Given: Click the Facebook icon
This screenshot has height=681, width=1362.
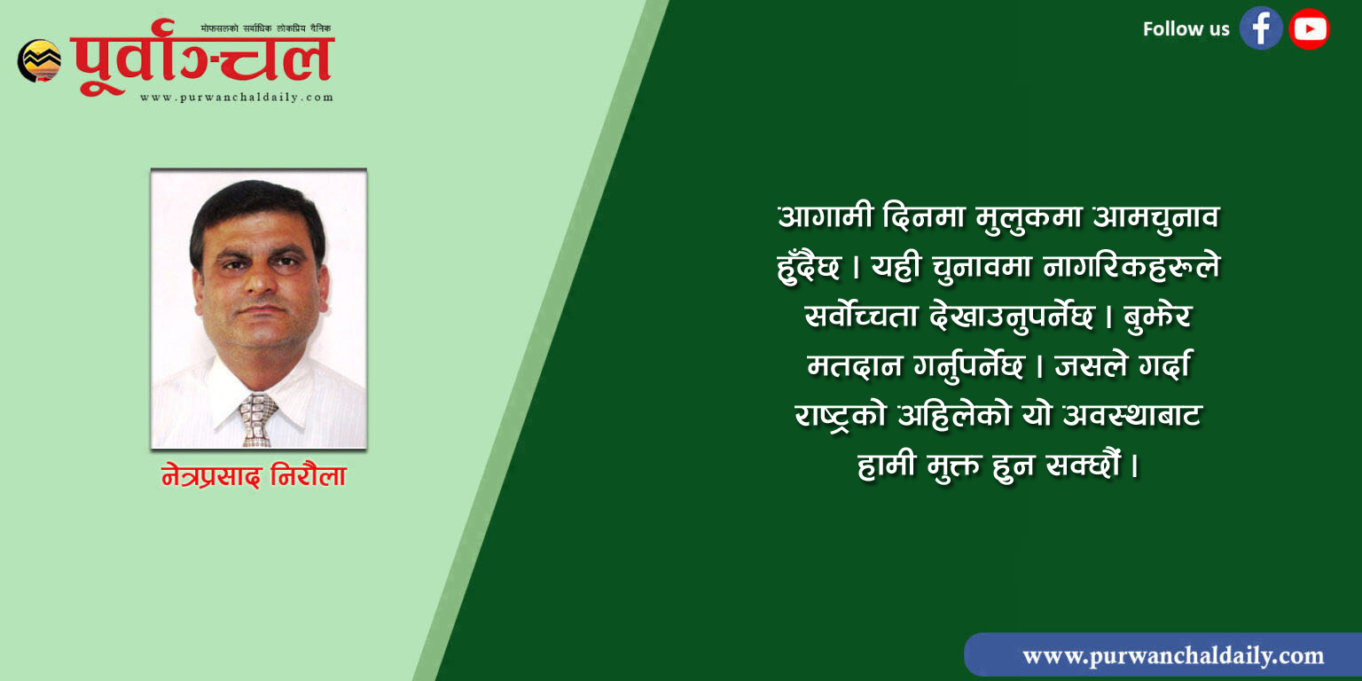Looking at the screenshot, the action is tap(1261, 28).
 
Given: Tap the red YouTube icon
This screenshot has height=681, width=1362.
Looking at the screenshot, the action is tap(1309, 28).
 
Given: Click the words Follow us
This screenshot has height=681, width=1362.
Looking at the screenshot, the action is tap(1186, 28).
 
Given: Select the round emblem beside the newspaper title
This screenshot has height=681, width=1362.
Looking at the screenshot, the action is tap(40, 61).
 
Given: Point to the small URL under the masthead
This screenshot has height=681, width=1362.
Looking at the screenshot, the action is tap(237, 98).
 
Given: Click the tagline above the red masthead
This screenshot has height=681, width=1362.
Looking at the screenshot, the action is tap(266, 28).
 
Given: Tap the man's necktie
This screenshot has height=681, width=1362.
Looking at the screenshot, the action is tap(257, 419).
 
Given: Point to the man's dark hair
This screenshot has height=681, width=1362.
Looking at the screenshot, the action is tap(257, 210).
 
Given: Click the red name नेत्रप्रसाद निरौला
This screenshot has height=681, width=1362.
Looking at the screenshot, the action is tap(254, 475).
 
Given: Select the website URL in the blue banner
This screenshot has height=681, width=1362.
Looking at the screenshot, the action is tap(1173, 655).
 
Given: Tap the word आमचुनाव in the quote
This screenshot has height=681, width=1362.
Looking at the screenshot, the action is tap(1156, 217).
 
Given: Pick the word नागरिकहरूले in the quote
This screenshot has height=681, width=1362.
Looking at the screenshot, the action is tap(1131, 266).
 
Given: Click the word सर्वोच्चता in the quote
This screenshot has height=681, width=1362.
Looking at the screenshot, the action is tap(860, 316).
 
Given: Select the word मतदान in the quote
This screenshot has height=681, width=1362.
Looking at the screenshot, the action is tap(854, 366).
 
